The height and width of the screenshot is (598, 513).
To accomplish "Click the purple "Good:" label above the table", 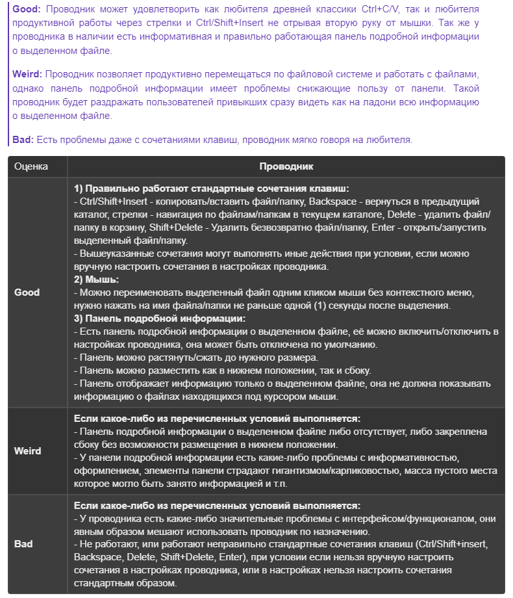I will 26,10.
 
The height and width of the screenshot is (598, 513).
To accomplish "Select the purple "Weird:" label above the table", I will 28,75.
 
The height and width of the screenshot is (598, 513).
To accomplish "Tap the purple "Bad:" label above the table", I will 23,139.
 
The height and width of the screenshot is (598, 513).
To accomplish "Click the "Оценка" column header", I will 31,166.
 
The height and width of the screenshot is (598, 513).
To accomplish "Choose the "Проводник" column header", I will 286,166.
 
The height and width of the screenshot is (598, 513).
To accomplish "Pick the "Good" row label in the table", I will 27,292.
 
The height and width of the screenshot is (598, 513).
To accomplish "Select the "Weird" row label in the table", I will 27,450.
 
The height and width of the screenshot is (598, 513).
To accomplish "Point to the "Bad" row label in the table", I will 23,543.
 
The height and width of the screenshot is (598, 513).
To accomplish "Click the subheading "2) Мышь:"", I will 97,279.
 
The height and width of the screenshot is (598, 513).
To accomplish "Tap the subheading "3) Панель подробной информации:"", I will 160,318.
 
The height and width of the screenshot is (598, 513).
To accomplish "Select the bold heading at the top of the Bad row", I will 218,506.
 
